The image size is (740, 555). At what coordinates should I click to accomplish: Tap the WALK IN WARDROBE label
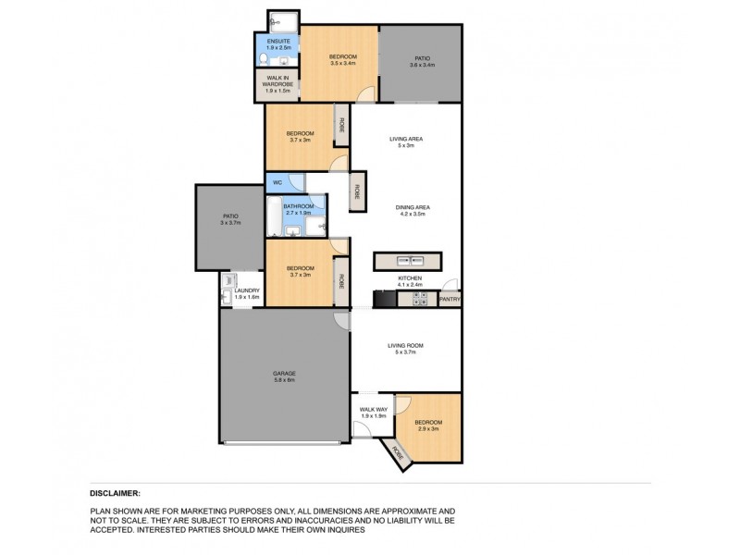278,84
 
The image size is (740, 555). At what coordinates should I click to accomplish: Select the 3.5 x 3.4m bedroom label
343,60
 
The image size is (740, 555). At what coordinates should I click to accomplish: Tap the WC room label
277,183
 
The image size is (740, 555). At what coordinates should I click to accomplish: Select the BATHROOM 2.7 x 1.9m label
298,209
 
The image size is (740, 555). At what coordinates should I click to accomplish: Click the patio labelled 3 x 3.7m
229,219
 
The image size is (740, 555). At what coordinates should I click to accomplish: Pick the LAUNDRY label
247,294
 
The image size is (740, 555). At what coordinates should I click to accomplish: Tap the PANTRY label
450,299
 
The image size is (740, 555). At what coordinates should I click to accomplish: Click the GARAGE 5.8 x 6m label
284,376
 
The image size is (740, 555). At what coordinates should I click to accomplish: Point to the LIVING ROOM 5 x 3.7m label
405,349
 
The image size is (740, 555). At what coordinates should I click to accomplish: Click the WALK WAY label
373,413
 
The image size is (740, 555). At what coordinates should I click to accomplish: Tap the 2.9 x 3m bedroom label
428,426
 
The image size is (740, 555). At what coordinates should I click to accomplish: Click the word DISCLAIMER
116,494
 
